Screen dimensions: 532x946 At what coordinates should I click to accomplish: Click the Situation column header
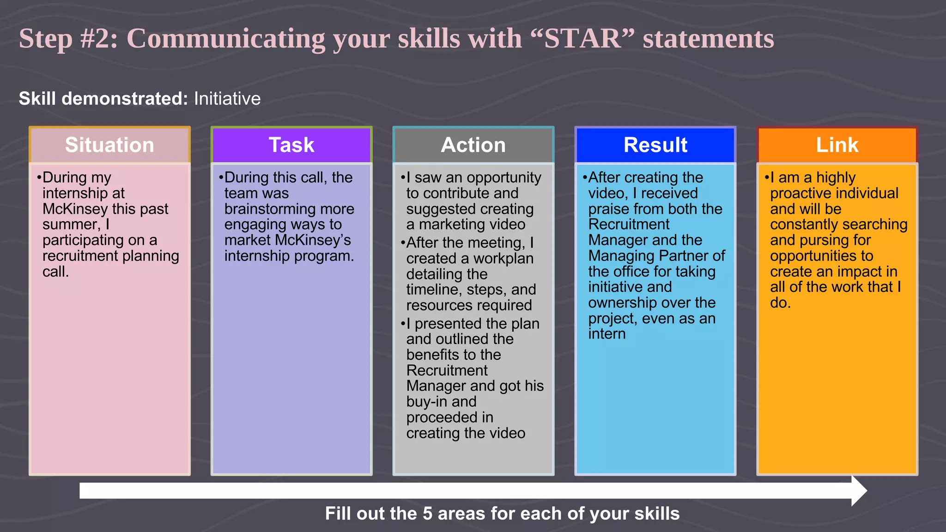(x=109, y=145)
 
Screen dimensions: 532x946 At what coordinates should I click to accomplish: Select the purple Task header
(x=291, y=145)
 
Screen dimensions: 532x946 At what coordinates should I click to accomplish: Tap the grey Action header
(x=473, y=145)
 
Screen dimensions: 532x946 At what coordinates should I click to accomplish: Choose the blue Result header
(x=655, y=145)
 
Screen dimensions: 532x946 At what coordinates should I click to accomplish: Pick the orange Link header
(x=837, y=145)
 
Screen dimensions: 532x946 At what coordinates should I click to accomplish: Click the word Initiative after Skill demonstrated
(x=227, y=99)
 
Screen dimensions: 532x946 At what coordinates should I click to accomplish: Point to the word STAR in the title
(x=582, y=38)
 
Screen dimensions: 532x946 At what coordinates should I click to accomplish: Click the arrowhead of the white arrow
(x=859, y=491)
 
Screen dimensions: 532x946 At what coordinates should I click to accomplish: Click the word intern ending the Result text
(x=606, y=334)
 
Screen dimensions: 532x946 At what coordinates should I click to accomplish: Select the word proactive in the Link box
(x=803, y=193)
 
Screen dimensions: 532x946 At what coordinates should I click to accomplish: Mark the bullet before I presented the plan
(x=403, y=324)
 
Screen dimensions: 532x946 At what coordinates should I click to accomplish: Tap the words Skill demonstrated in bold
(x=103, y=99)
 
